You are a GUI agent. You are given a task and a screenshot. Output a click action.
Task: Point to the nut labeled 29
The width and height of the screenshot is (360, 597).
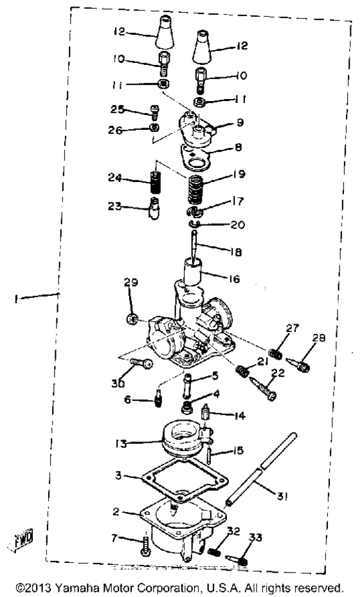(132, 319)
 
